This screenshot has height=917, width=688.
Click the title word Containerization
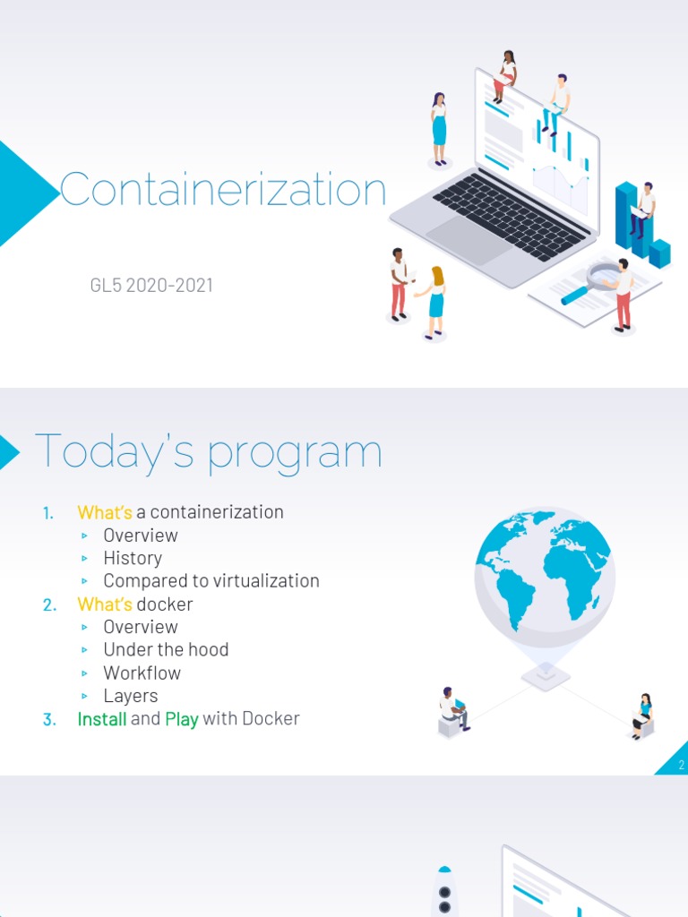click(x=223, y=191)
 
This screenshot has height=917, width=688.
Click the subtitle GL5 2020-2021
click(x=151, y=287)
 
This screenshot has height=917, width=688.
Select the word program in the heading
click(x=295, y=454)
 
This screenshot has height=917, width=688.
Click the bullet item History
click(x=133, y=558)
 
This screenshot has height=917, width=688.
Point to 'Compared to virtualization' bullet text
click(x=211, y=580)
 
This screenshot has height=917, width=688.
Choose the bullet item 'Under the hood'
click(x=166, y=649)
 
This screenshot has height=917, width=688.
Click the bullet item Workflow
click(x=142, y=673)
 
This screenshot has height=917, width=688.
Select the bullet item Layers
click(x=130, y=696)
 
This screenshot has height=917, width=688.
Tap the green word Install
click(x=101, y=718)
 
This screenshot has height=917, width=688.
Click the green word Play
click(x=182, y=719)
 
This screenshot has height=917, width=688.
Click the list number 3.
click(x=48, y=719)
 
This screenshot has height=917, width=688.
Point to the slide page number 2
click(x=681, y=765)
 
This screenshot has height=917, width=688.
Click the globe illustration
click(x=544, y=574)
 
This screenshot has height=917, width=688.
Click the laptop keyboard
click(x=511, y=215)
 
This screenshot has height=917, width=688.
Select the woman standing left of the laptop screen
click(x=439, y=129)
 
